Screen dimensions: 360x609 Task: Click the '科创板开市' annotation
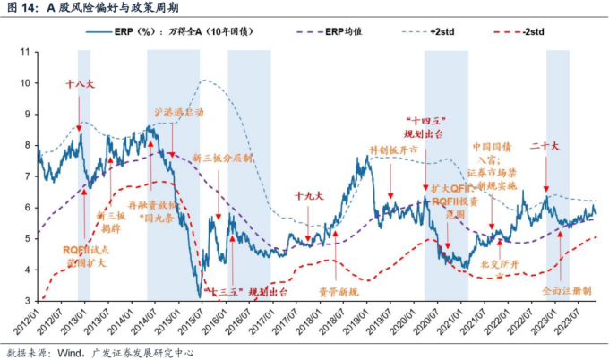click(394, 150)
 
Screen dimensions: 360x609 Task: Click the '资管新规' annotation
click(339, 292)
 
